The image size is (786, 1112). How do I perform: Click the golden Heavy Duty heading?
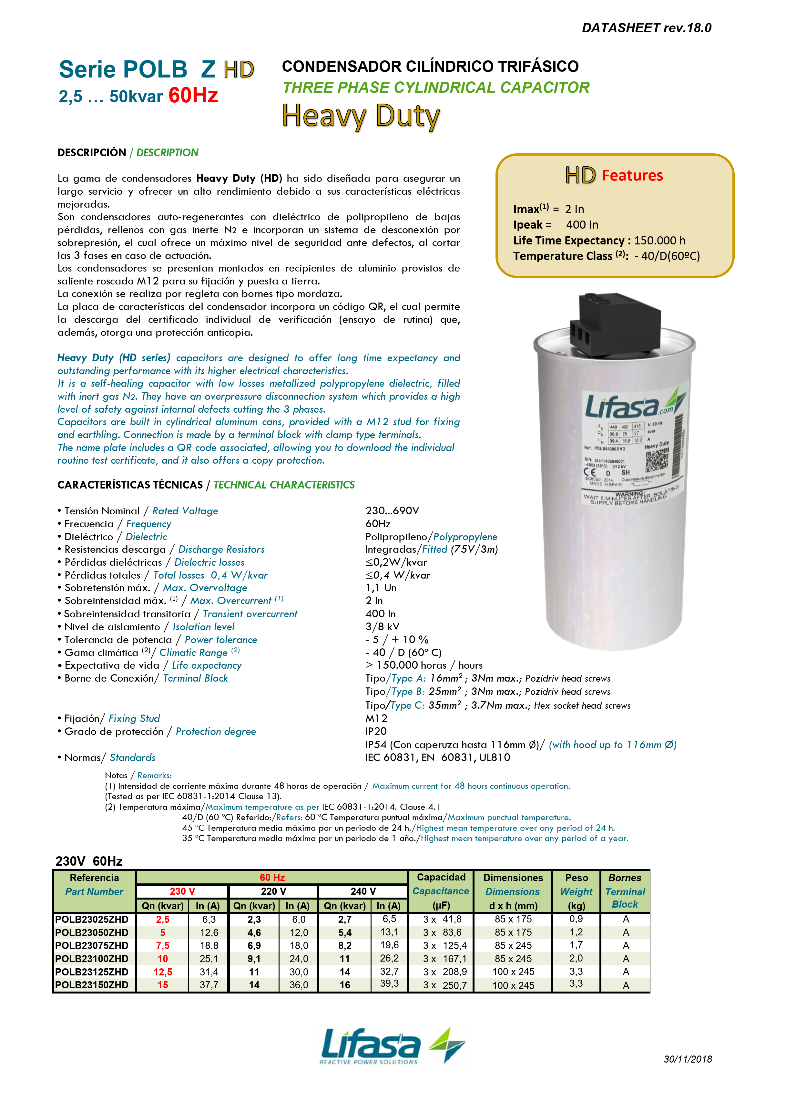pyautogui.click(x=361, y=116)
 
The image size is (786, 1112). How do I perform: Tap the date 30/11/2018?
pyautogui.click(x=687, y=1059)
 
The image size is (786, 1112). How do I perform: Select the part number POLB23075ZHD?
pyautogui.click(x=92, y=945)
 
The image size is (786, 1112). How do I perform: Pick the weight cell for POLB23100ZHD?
pyautogui.click(x=576, y=958)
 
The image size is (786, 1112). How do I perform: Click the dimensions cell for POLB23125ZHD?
pyautogui.click(x=513, y=972)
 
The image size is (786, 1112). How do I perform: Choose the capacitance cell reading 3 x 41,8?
pyautogui.click(x=442, y=919)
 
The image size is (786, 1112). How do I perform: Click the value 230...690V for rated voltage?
pyautogui.click(x=392, y=510)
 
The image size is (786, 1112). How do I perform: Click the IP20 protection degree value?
pyautogui.click(x=376, y=731)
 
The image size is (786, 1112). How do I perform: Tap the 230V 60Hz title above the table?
pyautogui.click(x=89, y=861)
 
